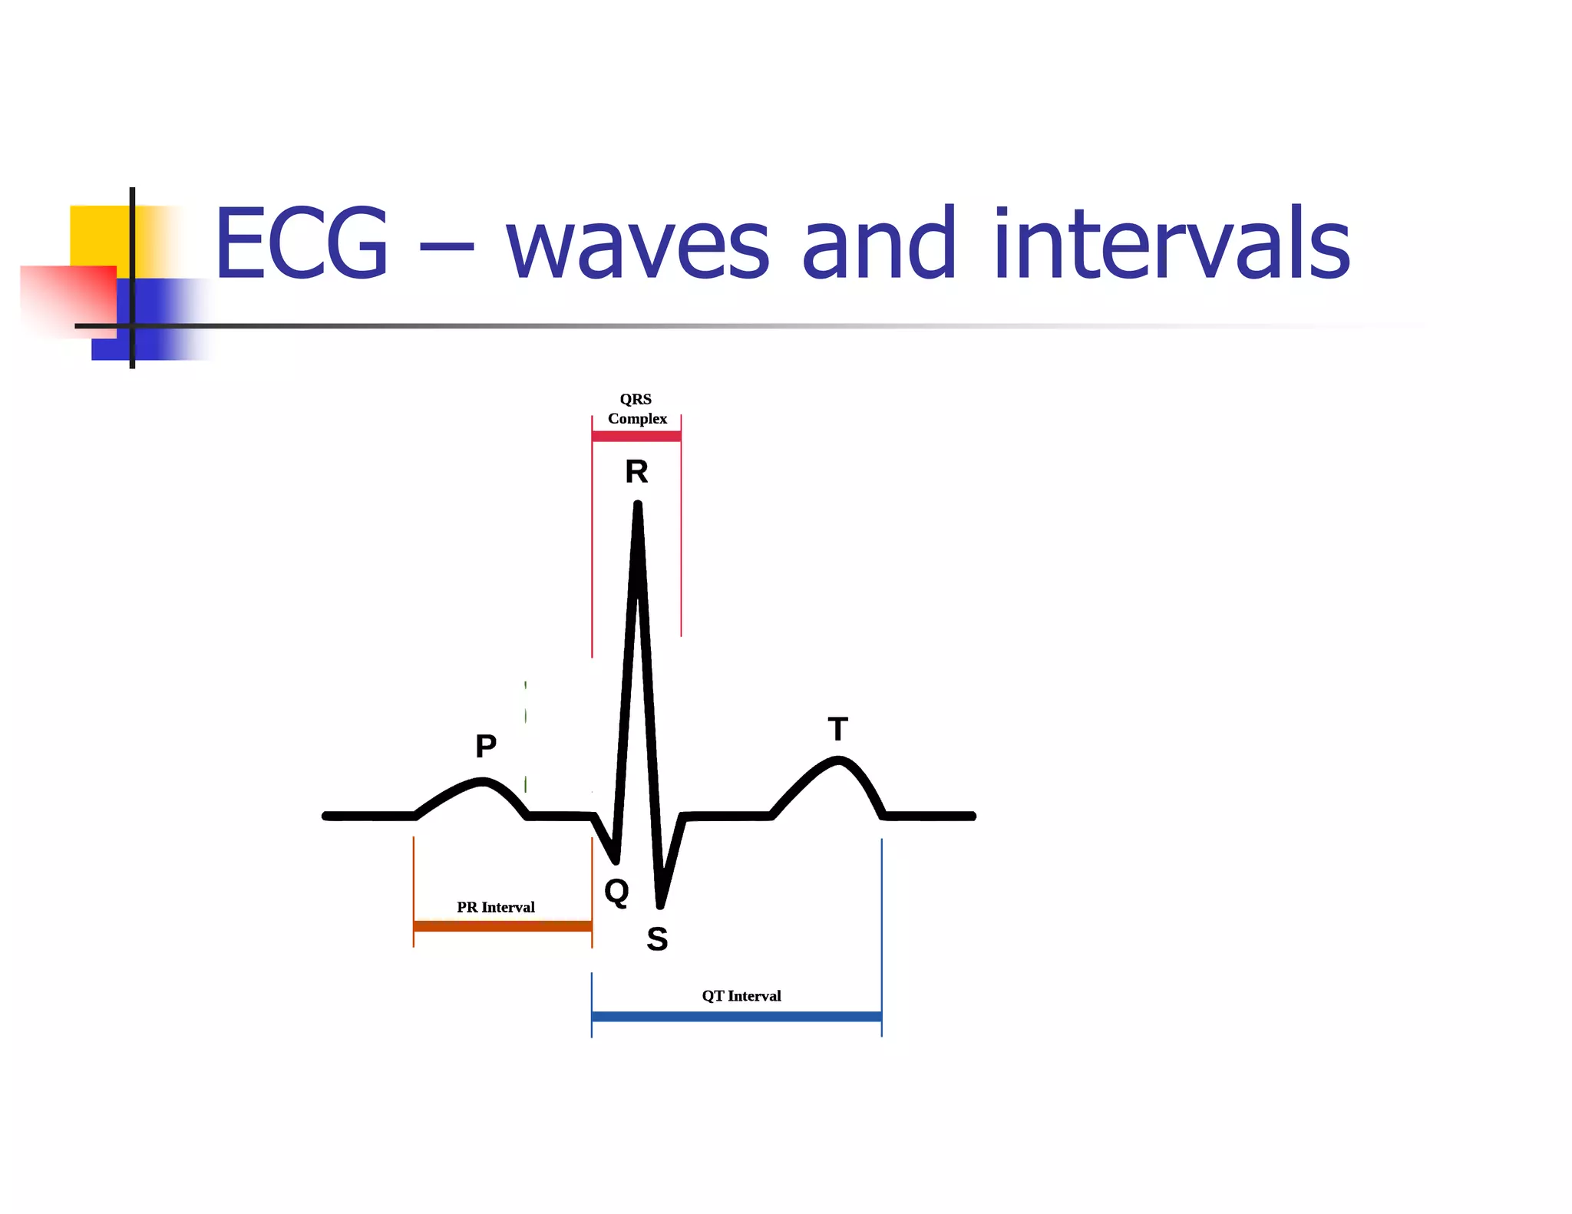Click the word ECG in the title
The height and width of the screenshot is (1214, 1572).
point(301,243)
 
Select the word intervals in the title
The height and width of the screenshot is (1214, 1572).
point(1171,243)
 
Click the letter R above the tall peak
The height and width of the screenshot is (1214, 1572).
point(636,471)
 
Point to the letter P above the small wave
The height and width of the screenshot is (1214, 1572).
point(486,746)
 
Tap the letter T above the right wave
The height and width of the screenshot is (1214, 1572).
point(837,729)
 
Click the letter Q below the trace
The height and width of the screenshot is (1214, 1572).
point(616,892)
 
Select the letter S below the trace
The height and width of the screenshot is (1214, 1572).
point(657,939)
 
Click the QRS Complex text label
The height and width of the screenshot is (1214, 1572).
point(637,409)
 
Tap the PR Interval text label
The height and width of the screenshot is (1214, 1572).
point(496,907)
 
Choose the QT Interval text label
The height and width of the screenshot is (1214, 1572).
point(741,996)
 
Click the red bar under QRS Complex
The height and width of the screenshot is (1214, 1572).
point(636,437)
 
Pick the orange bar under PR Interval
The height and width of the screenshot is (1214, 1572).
point(503,926)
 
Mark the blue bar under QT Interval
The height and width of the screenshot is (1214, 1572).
point(737,1017)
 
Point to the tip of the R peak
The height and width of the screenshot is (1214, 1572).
point(638,505)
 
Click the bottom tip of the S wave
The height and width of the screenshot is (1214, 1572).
point(660,906)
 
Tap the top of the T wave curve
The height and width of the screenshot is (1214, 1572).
point(838,760)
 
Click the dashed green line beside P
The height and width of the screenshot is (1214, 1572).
point(525,737)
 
